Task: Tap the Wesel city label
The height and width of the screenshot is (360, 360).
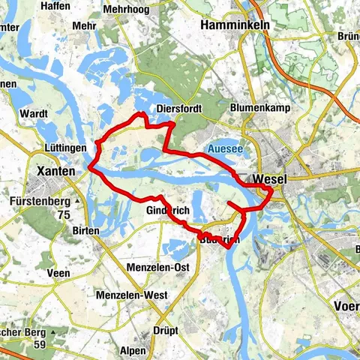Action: [x=271, y=180]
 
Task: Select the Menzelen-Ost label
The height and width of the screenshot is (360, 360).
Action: [x=157, y=266]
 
